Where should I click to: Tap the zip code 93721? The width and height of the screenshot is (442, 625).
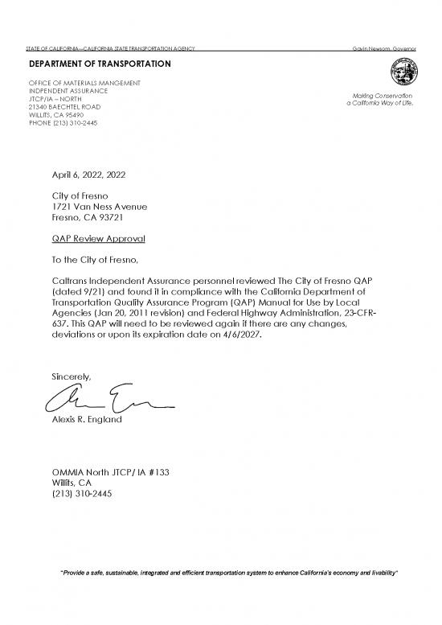tap(112, 218)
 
